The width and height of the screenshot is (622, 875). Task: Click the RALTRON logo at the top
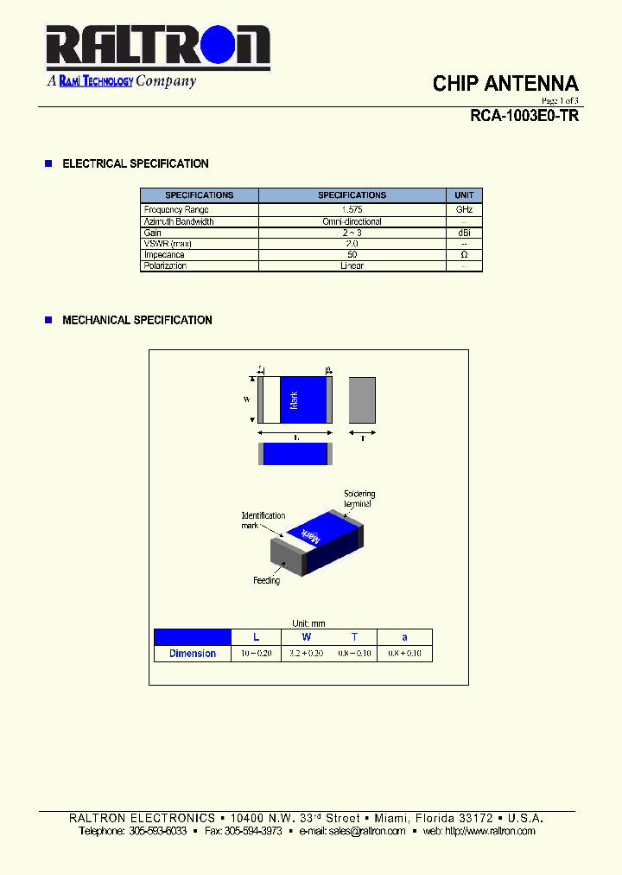[158, 48]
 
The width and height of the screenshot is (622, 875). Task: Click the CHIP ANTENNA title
[505, 84]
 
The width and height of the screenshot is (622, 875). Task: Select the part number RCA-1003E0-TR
[524, 116]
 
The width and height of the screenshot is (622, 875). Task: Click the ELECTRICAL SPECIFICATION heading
[136, 163]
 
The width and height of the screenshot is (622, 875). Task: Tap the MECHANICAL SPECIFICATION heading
[137, 320]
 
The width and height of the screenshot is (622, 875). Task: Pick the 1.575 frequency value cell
[352, 210]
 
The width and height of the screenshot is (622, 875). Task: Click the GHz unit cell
[464, 210]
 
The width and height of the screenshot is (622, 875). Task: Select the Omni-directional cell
[352, 221]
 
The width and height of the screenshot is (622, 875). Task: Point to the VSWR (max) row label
[168, 244]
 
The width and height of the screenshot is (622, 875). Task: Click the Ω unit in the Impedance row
[464, 255]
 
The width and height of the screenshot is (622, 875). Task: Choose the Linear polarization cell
[352, 266]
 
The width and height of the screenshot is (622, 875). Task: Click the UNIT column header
[464, 195]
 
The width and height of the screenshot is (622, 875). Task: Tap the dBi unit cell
[464, 233]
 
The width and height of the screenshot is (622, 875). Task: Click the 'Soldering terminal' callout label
[359, 499]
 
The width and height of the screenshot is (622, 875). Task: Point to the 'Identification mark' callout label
[263, 521]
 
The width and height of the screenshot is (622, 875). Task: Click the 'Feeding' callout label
[266, 580]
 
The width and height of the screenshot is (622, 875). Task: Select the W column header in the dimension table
[306, 637]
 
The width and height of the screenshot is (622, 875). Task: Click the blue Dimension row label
[193, 654]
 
